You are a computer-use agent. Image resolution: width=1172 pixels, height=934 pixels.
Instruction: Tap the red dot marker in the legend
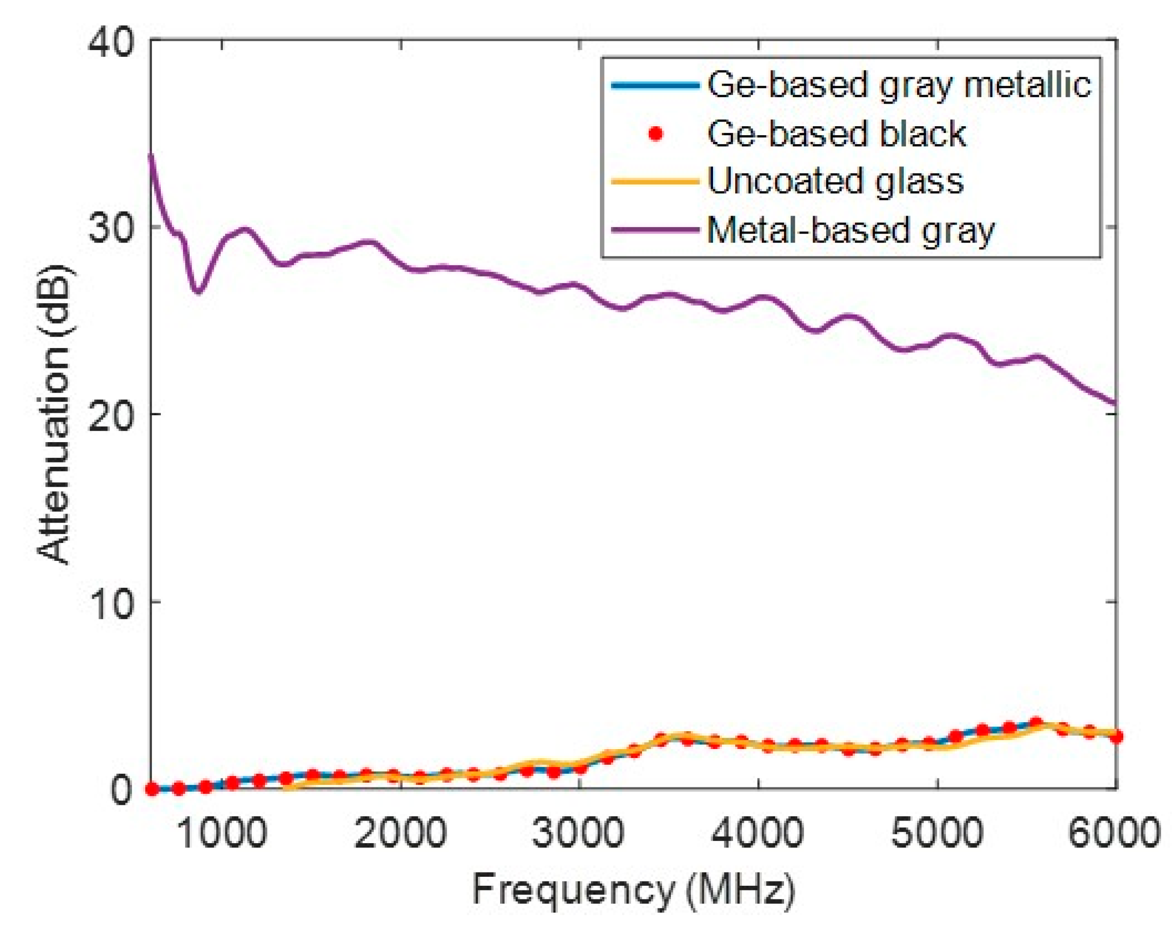[656, 133]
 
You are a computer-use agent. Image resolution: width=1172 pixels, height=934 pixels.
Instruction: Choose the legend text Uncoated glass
[836, 181]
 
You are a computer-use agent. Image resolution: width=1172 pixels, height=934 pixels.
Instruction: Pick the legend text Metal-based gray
[851, 230]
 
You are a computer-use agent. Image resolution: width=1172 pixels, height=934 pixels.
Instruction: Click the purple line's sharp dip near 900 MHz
[198, 292]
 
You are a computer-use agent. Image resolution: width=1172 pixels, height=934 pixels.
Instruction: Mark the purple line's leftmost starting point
[151, 156]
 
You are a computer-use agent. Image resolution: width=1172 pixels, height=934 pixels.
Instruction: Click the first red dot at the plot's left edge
[152, 789]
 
